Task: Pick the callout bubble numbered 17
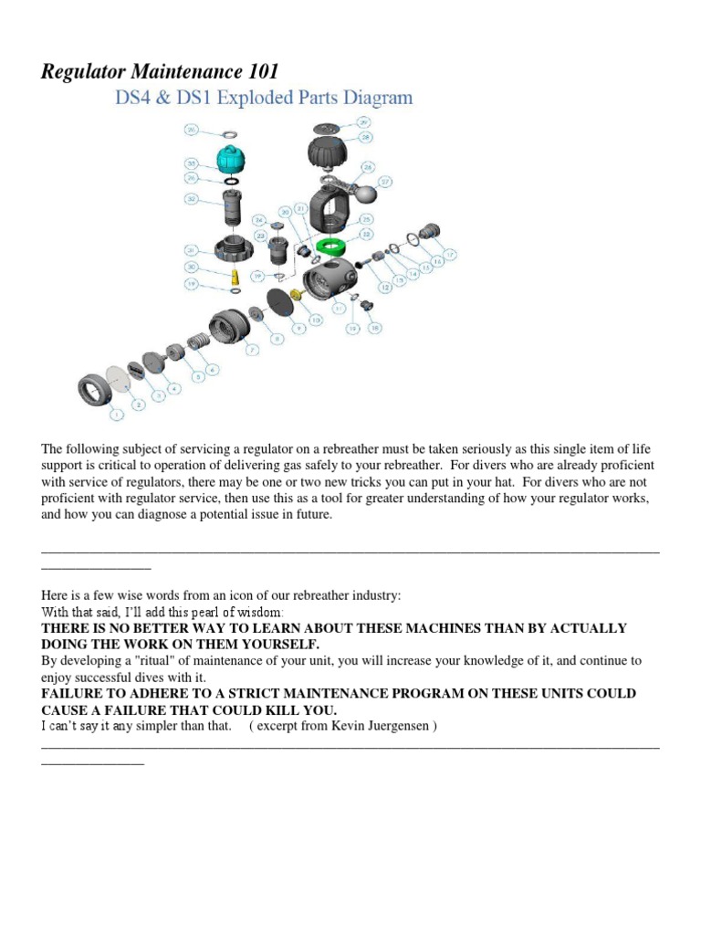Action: [x=449, y=254]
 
